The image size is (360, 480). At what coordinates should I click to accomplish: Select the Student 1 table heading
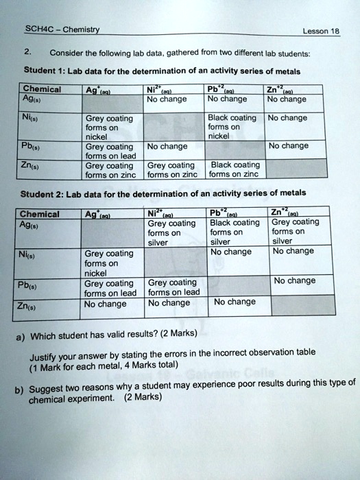click(161, 71)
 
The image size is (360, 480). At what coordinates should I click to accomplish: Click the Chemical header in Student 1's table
click(43, 89)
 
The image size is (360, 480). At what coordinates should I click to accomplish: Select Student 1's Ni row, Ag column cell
click(109, 126)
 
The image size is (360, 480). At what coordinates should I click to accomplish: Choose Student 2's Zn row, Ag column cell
click(108, 304)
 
